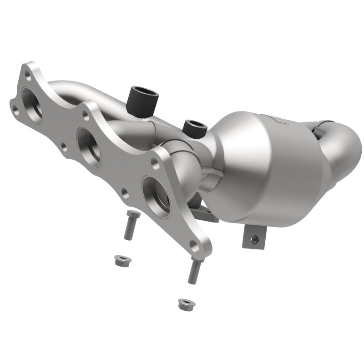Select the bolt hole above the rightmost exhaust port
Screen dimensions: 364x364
pos(156,162)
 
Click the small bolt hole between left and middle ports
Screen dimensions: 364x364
pos(64,147)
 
